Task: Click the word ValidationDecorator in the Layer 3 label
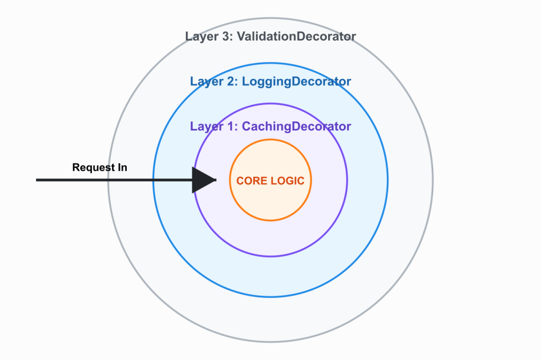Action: pos(299,36)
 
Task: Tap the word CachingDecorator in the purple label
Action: pos(296,127)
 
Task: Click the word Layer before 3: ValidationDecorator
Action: pos(201,36)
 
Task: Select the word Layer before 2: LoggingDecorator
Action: pos(206,82)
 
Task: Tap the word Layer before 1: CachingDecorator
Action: pos(206,127)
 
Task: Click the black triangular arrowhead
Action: pos(203,180)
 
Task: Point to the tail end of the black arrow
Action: pos(38,180)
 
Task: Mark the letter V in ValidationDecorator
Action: pos(245,36)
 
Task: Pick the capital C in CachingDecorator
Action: pos(246,127)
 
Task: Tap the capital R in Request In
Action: pos(76,168)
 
